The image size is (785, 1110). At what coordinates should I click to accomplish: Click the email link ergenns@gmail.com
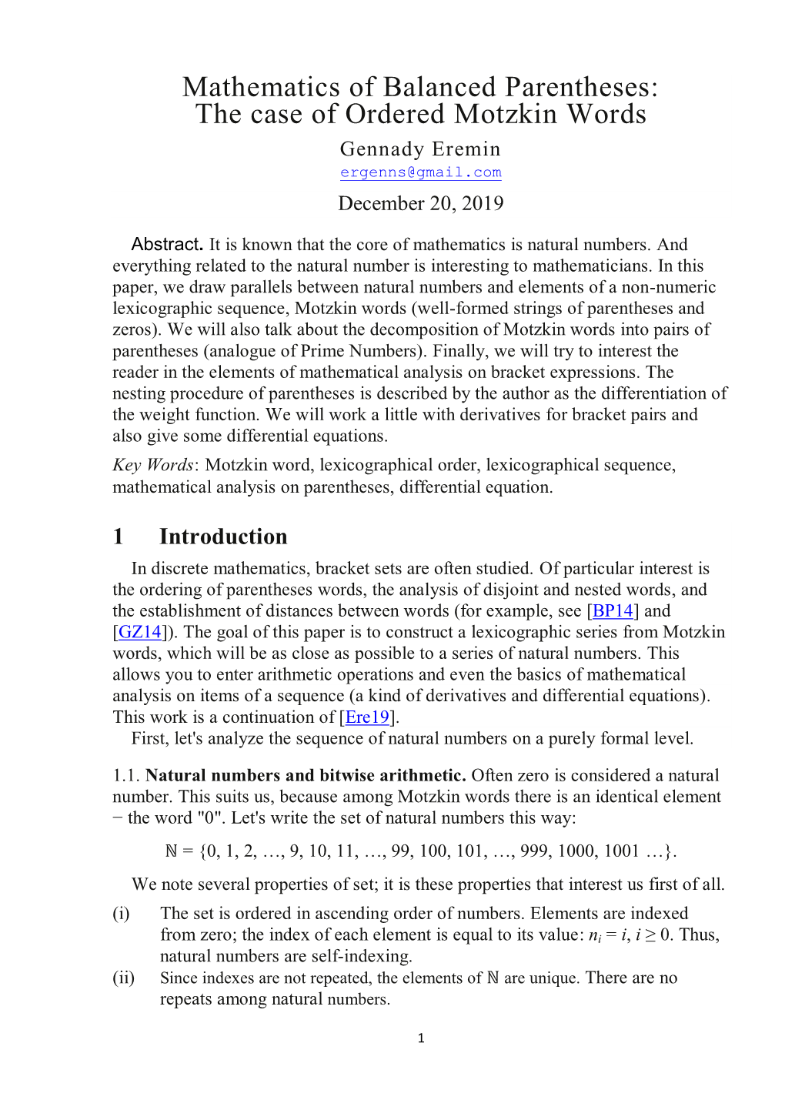[420, 172]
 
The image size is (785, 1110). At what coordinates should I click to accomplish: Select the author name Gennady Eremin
[420, 149]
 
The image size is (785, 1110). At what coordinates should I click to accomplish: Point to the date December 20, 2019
[420, 203]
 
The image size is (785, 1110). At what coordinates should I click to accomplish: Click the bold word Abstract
[166, 245]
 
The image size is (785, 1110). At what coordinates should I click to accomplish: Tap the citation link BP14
[613, 611]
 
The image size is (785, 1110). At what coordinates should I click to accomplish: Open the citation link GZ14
[140, 632]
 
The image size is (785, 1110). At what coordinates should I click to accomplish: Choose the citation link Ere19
[367, 717]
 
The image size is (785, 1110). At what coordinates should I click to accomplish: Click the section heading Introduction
[223, 537]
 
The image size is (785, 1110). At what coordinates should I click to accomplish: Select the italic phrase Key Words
[152, 465]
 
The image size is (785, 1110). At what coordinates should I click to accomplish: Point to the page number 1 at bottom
[420, 1038]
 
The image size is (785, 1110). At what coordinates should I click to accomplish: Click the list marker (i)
[121, 914]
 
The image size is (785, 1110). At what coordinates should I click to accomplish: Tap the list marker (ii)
[123, 978]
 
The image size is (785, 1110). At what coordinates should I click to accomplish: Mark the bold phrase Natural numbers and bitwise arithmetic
[306, 775]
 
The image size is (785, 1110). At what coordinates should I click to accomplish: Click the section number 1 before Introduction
[118, 537]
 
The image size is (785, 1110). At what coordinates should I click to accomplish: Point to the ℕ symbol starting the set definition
[171, 851]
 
